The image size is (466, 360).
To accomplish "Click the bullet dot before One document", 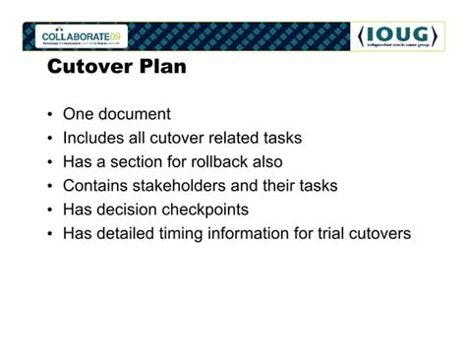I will tap(50, 115).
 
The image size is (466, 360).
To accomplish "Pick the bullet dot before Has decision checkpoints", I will tap(50, 210).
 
